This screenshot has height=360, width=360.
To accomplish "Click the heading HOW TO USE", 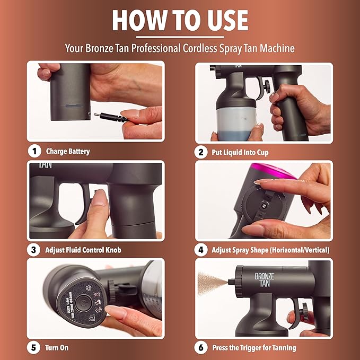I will (x=180, y=20).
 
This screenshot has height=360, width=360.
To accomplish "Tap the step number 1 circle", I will (x=34, y=151).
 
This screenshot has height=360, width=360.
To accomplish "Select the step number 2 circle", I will (x=201, y=152).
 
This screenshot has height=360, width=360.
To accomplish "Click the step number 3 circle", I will (x=34, y=249).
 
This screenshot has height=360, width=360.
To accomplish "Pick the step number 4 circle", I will (x=201, y=250).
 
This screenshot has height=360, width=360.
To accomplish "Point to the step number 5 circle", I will (x=34, y=348).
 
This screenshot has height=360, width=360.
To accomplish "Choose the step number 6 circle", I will (x=201, y=348).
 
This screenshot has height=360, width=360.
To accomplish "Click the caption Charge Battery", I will (x=68, y=152).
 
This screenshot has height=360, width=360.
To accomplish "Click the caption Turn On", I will (x=57, y=348).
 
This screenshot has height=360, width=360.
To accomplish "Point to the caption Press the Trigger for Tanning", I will (x=254, y=348).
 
